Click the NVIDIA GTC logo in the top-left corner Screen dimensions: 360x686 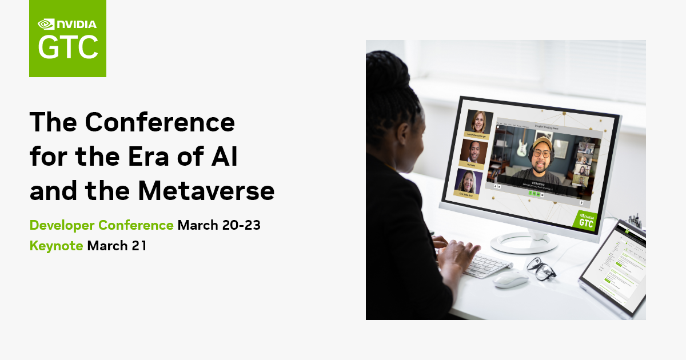pyautogui.click(x=67, y=38)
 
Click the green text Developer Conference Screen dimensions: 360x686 pyautogui.click(x=101, y=225)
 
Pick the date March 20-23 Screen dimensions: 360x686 pyautogui.click(x=219, y=225)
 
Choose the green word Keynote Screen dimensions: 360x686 pyautogui.click(x=57, y=246)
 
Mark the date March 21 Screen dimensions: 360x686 pyautogui.click(x=117, y=246)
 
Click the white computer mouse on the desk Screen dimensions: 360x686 pyautogui.click(x=510, y=279)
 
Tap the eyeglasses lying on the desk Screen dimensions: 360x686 pyautogui.click(x=541, y=267)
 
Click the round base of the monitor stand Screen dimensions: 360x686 pyautogui.click(x=524, y=243)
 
